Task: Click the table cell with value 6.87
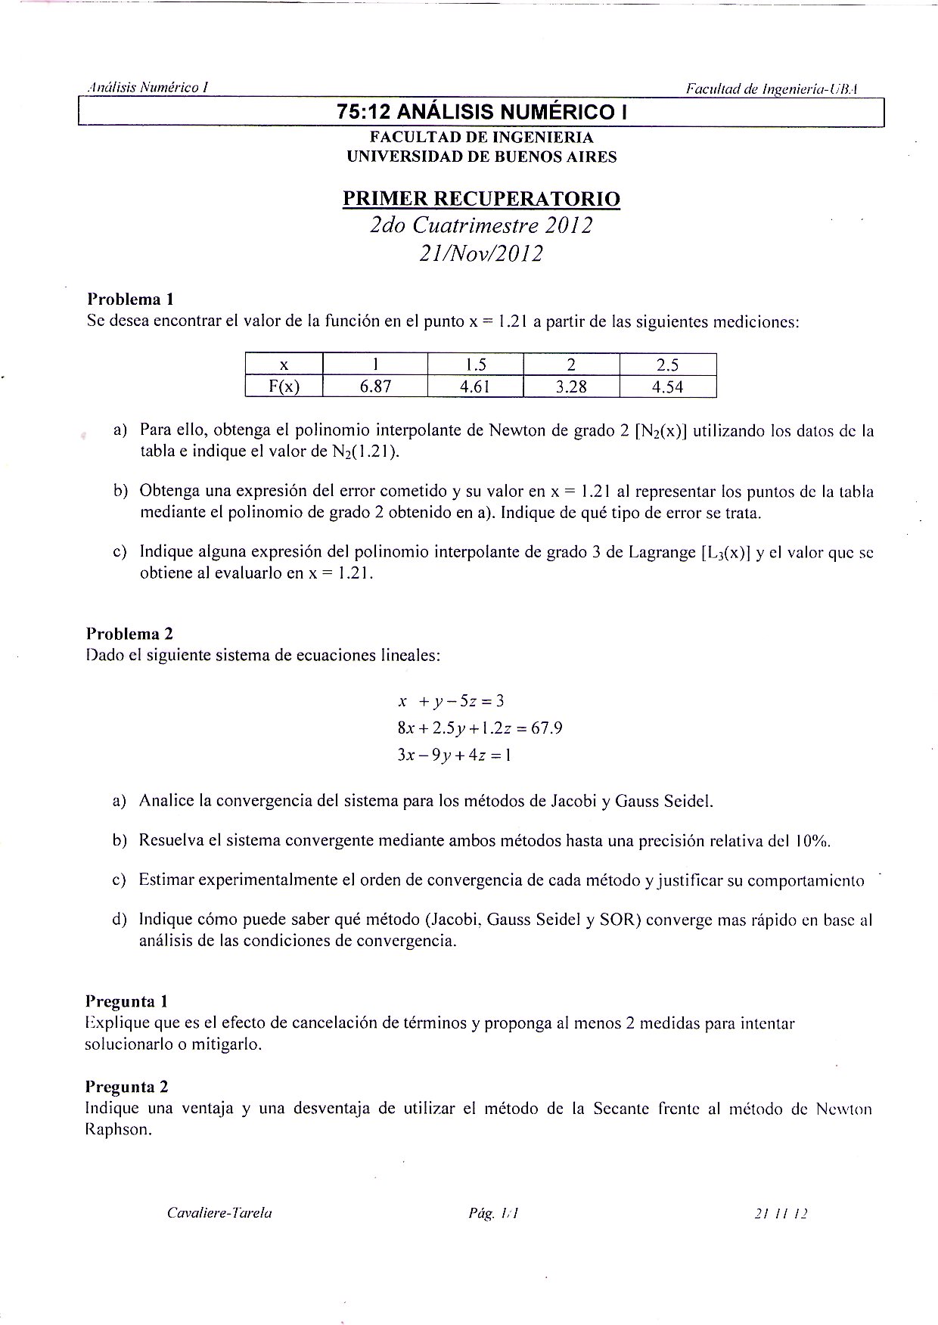pyautogui.click(x=374, y=387)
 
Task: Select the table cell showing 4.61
pyautogui.click(x=476, y=387)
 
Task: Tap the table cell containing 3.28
pyautogui.click(x=571, y=387)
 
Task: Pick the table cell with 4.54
pyautogui.click(x=667, y=387)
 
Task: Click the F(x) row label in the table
pyautogui.click(x=284, y=387)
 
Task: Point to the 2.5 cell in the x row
pyautogui.click(x=667, y=365)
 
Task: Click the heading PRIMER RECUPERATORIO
pyautogui.click(x=481, y=199)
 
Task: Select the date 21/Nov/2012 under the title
pyautogui.click(x=481, y=253)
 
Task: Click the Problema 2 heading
pyautogui.click(x=129, y=634)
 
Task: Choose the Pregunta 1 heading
pyautogui.click(x=126, y=1001)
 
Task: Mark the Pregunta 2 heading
pyautogui.click(x=126, y=1087)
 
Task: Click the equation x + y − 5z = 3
pyautogui.click(x=451, y=700)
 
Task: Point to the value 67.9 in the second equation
pyautogui.click(x=546, y=728)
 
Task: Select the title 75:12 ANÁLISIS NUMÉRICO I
pyautogui.click(x=482, y=113)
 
